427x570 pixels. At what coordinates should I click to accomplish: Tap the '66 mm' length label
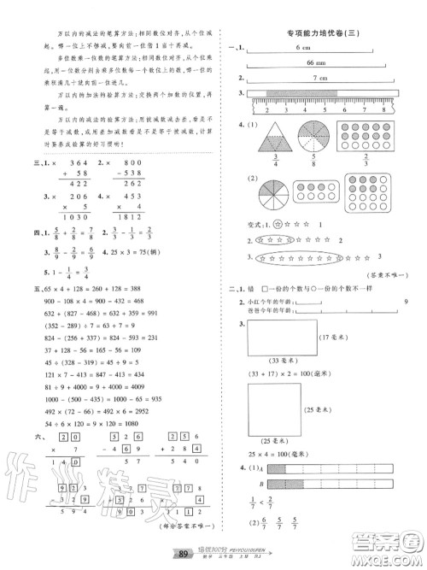pyautogui.click(x=304, y=64)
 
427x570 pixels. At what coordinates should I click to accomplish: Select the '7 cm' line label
pyautogui.click(x=320, y=79)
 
